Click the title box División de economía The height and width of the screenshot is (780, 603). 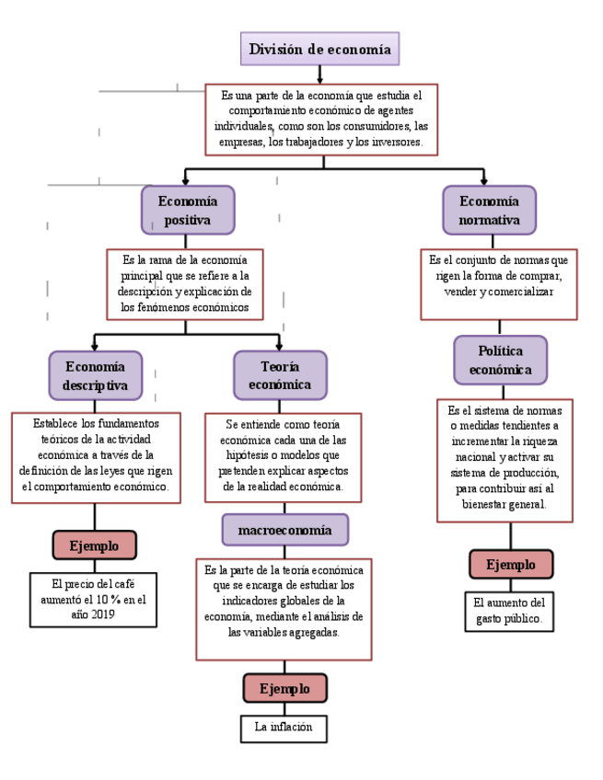click(x=319, y=50)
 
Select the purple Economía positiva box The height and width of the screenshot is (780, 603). click(x=188, y=210)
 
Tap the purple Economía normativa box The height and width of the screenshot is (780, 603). click(x=489, y=210)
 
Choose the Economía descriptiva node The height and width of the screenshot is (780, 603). click(x=96, y=375)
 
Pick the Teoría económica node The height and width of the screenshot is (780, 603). click(x=280, y=375)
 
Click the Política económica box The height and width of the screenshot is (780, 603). click(x=500, y=360)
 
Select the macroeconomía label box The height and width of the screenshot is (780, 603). click(x=284, y=530)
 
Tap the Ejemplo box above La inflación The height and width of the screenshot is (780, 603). click(x=284, y=688)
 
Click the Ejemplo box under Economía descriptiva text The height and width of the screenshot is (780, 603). click(x=94, y=545)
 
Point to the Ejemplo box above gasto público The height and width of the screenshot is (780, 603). click(x=510, y=564)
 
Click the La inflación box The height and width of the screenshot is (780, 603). click(x=284, y=728)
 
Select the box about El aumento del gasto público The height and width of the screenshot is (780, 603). click(x=509, y=612)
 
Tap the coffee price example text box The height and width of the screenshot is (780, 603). click(x=93, y=600)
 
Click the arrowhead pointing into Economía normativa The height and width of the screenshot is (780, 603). click(x=484, y=181)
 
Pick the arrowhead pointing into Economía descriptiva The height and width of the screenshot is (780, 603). click(x=95, y=347)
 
